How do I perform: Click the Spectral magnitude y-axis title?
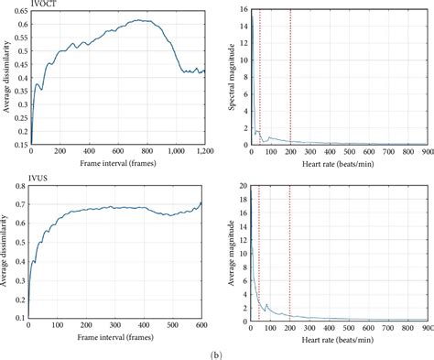coord(229,77)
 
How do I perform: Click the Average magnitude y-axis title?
coord(229,252)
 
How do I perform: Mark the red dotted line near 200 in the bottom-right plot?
coord(289,252)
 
